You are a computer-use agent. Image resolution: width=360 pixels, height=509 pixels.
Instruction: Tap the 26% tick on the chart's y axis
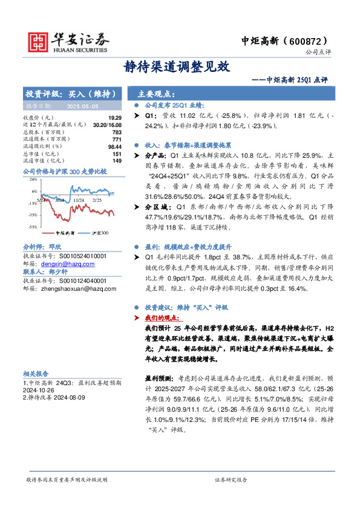34,180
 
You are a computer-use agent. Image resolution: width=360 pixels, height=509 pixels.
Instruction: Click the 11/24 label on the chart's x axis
78,199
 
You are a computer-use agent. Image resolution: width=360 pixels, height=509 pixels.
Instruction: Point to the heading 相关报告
36,374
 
